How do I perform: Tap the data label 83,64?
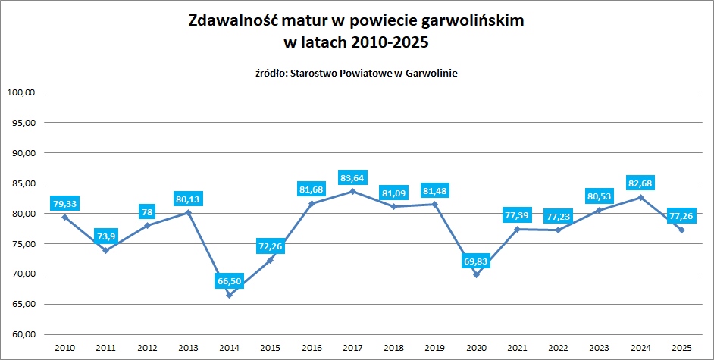pos(352,178)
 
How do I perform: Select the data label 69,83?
pos(476,261)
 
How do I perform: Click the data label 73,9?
pos(105,236)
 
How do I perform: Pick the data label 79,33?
pos(64,203)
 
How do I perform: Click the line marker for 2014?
pos(229,295)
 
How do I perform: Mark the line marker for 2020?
pos(476,274)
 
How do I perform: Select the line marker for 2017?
pos(352,191)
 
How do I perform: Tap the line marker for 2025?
pos(681,230)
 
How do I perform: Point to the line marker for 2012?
pos(147,225)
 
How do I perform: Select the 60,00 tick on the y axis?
pos(22,334)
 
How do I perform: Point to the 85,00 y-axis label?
pos(22,183)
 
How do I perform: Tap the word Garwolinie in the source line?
pos(430,73)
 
